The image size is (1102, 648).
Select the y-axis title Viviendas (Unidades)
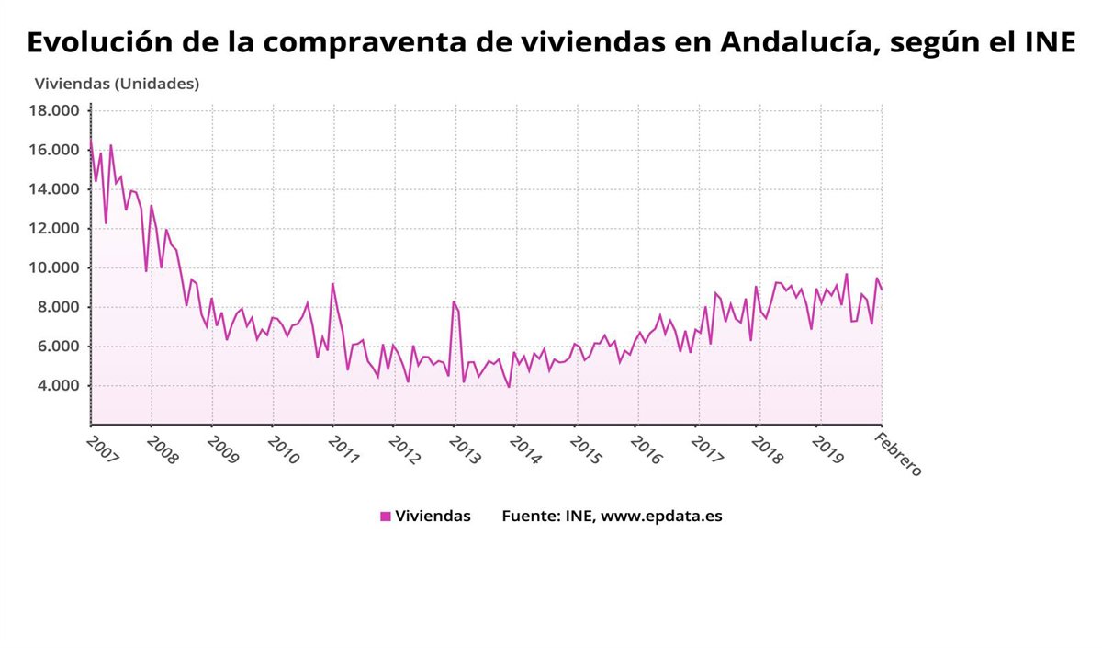coord(117,84)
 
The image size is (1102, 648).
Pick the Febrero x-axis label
coord(898,452)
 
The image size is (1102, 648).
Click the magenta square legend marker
coord(386,517)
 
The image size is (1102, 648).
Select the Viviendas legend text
coord(433,517)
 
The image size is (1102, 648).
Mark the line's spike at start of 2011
coord(332,283)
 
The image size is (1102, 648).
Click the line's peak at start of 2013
coord(454,301)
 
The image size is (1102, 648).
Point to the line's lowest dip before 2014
coord(509,387)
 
